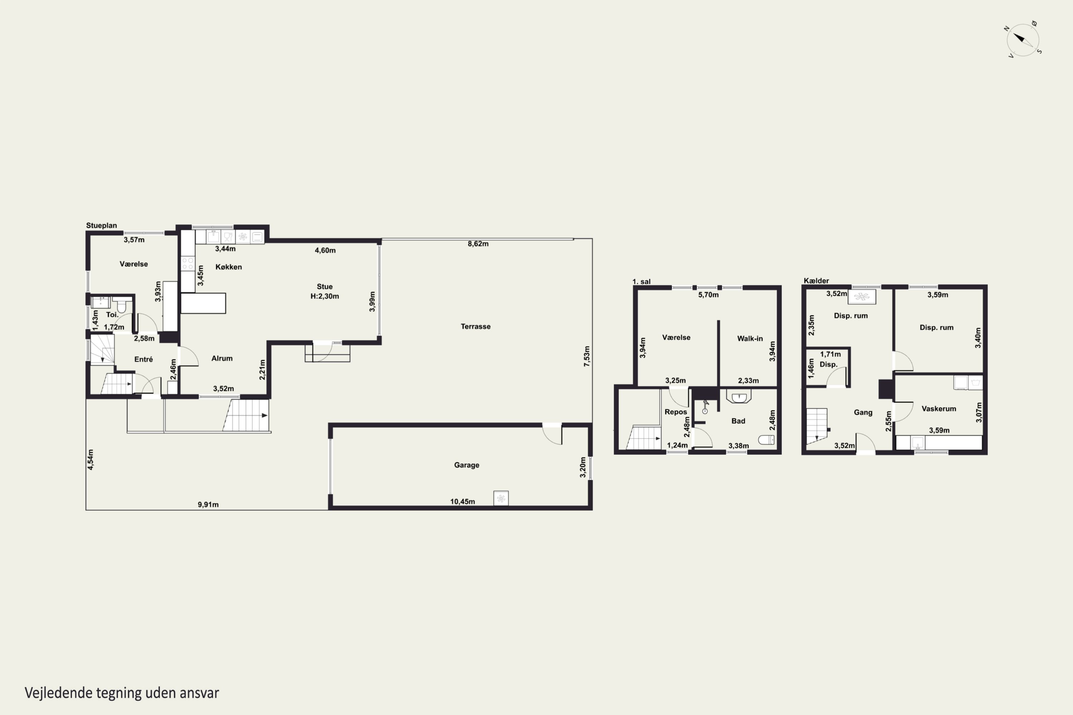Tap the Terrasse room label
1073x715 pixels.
[475, 326]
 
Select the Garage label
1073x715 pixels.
[466, 465]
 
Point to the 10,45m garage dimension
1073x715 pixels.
[462, 502]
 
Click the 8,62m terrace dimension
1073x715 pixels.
[477, 244]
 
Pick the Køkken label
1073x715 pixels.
[229, 267]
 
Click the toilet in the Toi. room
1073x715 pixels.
[121, 304]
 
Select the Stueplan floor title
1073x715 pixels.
[101, 225]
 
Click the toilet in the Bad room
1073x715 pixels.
[766, 440]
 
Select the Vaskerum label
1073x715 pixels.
[939, 409]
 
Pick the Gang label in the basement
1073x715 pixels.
[863, 412]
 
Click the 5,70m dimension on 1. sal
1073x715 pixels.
[708, 295]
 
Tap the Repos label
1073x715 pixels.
[676, 412]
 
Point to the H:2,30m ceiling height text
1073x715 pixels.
[324, 296]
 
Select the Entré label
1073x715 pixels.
[143, 359]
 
